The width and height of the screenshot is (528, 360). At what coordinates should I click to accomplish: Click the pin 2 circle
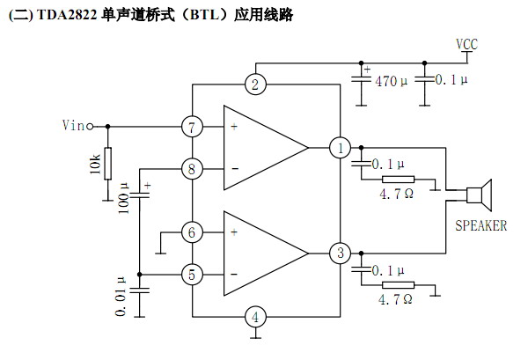[254, 84]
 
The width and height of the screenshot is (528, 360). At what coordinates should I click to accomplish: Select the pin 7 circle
[192, 127]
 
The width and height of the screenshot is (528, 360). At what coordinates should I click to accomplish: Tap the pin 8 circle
[192, 168]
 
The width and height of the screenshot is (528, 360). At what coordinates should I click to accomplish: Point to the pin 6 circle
[192, 232]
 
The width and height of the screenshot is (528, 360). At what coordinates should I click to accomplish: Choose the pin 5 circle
[192, 275]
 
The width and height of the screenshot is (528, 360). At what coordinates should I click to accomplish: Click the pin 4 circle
[254, 317]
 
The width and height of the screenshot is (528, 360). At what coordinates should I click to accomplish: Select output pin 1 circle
[340, 147]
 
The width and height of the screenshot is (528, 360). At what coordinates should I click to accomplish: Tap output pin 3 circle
[340, 253]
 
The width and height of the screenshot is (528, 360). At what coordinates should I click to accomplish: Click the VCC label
[467, 45]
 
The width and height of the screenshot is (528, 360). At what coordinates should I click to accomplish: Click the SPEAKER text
[480, 225]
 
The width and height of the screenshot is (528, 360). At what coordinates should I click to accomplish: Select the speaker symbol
[480, 193]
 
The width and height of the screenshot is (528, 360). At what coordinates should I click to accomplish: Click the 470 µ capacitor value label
[392, 81]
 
